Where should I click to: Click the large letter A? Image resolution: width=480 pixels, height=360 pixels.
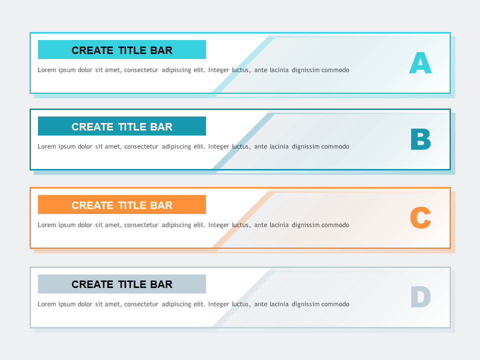click(420, 63)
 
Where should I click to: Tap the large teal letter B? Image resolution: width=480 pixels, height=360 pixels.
click(420, 140)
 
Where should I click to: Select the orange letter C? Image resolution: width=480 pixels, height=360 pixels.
click(420, 218)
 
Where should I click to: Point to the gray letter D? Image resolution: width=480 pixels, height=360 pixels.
click(420, 297)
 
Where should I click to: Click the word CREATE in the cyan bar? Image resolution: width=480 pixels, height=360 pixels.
click(92, 50)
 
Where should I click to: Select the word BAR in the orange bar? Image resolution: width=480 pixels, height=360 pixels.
click(161, 205)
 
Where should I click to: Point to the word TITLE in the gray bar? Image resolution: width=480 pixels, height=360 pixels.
click(132, 284)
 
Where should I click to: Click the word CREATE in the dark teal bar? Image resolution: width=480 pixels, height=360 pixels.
click(92, 127)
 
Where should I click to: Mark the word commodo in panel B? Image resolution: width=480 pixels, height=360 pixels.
click(335, 146)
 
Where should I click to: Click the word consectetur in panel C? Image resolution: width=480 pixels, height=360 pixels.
click(141, 225)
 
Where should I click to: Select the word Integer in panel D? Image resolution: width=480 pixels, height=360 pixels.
click(218, 304)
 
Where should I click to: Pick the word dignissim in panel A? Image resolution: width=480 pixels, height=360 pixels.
click(305, 70)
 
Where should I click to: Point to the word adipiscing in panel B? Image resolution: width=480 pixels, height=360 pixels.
click(176, 147)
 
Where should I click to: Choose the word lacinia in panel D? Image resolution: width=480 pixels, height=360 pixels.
click(279, 304)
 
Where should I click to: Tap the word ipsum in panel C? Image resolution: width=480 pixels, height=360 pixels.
click(67, 225)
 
